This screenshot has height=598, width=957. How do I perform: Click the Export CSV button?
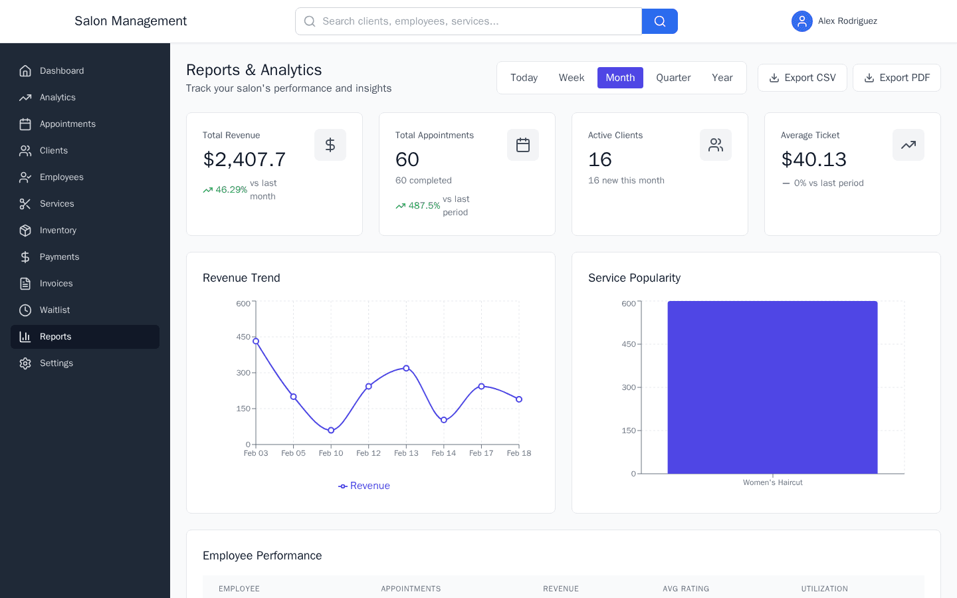tap(802, 78)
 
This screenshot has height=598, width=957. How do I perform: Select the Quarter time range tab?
tap(673, 78)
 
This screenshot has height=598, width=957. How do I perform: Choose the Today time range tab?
tap(524, 78)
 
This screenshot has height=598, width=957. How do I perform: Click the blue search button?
tap(659, 21)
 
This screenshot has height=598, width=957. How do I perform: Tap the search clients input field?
tap(469, 21)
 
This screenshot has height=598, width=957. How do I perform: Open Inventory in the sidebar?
tap(58, 231)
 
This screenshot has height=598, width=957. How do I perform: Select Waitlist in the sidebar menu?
tap(54, 310)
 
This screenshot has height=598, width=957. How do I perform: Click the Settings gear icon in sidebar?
tap(25, 363)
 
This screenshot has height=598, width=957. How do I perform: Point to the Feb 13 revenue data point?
tap(406, 368)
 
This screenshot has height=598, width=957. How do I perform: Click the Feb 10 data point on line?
tap(331, 431)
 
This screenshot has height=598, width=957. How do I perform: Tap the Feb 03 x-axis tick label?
tap(256, 453)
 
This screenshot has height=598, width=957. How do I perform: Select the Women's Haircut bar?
tap(772, 387)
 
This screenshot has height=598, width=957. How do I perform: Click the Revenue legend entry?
tap(364, 486)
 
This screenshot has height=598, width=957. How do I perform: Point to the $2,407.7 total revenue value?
tap(245, 159)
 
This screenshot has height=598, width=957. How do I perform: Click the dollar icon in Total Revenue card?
tap(330, 145)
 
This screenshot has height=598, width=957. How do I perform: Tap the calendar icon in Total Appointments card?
tap(523, 145)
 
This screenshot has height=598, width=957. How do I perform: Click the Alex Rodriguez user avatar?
tap(802, 21)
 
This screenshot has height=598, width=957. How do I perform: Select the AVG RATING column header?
tap(686, 589)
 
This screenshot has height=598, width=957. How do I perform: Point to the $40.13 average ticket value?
tap(813, 159)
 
